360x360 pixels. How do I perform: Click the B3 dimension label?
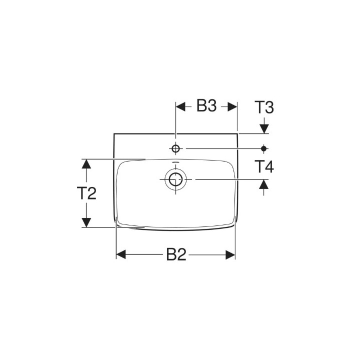coord(206,106)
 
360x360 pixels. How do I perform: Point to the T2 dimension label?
coord(86,193)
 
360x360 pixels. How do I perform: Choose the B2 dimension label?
coord(175,255)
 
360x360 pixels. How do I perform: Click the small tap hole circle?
coord(175,148)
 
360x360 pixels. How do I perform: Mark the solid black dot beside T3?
coord(264,148)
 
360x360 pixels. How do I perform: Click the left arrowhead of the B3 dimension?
coord(180,106)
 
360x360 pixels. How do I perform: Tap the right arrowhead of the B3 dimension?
coord(231,106)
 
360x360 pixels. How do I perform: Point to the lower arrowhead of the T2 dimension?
coord(86,222)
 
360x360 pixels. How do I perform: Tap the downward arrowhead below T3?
coord(264,128)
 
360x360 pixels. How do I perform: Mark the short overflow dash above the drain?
coord(175,163)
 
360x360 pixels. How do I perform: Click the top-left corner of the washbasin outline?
coord(114,134)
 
